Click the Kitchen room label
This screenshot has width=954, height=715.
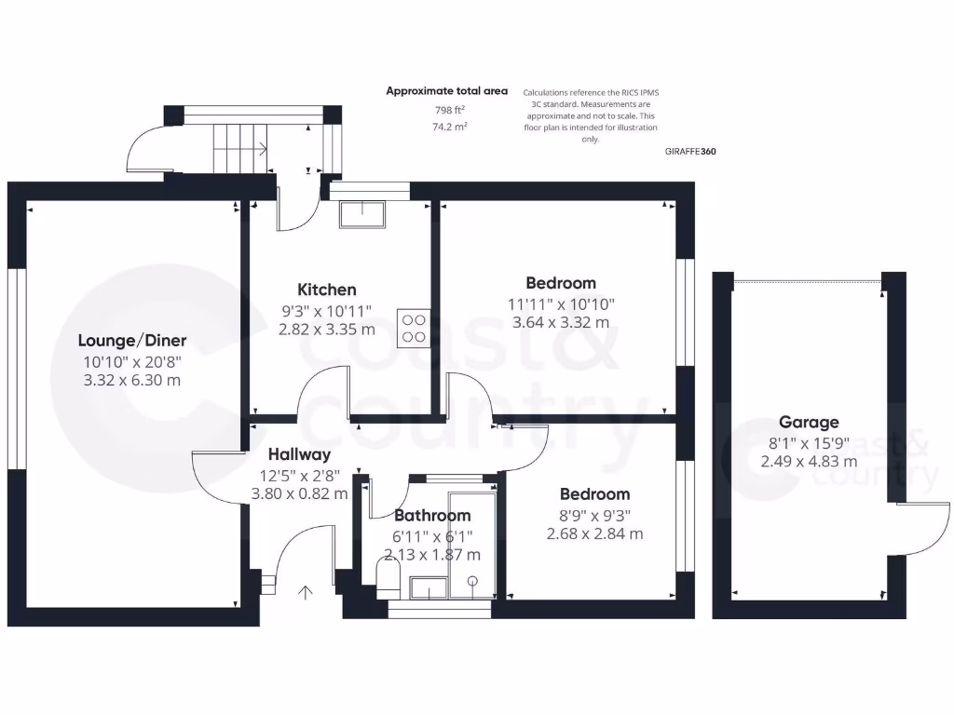[x=326, y=290]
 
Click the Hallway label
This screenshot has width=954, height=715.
[x=299, y=455]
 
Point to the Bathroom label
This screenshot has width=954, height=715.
[x=431, y=515]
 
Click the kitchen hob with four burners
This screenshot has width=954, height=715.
[x=412, y=328]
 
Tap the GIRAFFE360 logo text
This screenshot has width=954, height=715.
[x=690, y=151]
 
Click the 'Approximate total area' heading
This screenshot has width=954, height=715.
[x=447, y=91]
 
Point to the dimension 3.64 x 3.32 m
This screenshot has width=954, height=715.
[x=561, y=323]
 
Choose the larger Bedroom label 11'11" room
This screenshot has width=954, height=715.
[x=561, y=283]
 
